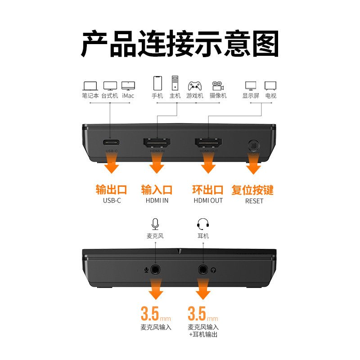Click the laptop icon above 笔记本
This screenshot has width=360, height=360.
coord(90,85)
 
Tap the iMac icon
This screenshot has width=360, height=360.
coord(128,85)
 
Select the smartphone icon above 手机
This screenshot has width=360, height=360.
coord(157,83)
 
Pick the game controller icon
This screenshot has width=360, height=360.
coord(195,85)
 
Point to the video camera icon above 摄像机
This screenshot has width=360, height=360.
coord(218,85)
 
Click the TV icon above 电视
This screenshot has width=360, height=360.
coord(270,85)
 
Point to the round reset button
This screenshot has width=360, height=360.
coord(254,146)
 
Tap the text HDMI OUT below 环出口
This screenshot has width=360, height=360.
coord(208,201)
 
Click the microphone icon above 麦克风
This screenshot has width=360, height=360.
coord(155,224)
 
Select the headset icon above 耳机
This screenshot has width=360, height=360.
coord(203,224)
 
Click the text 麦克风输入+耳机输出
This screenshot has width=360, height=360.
coord(203,331)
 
